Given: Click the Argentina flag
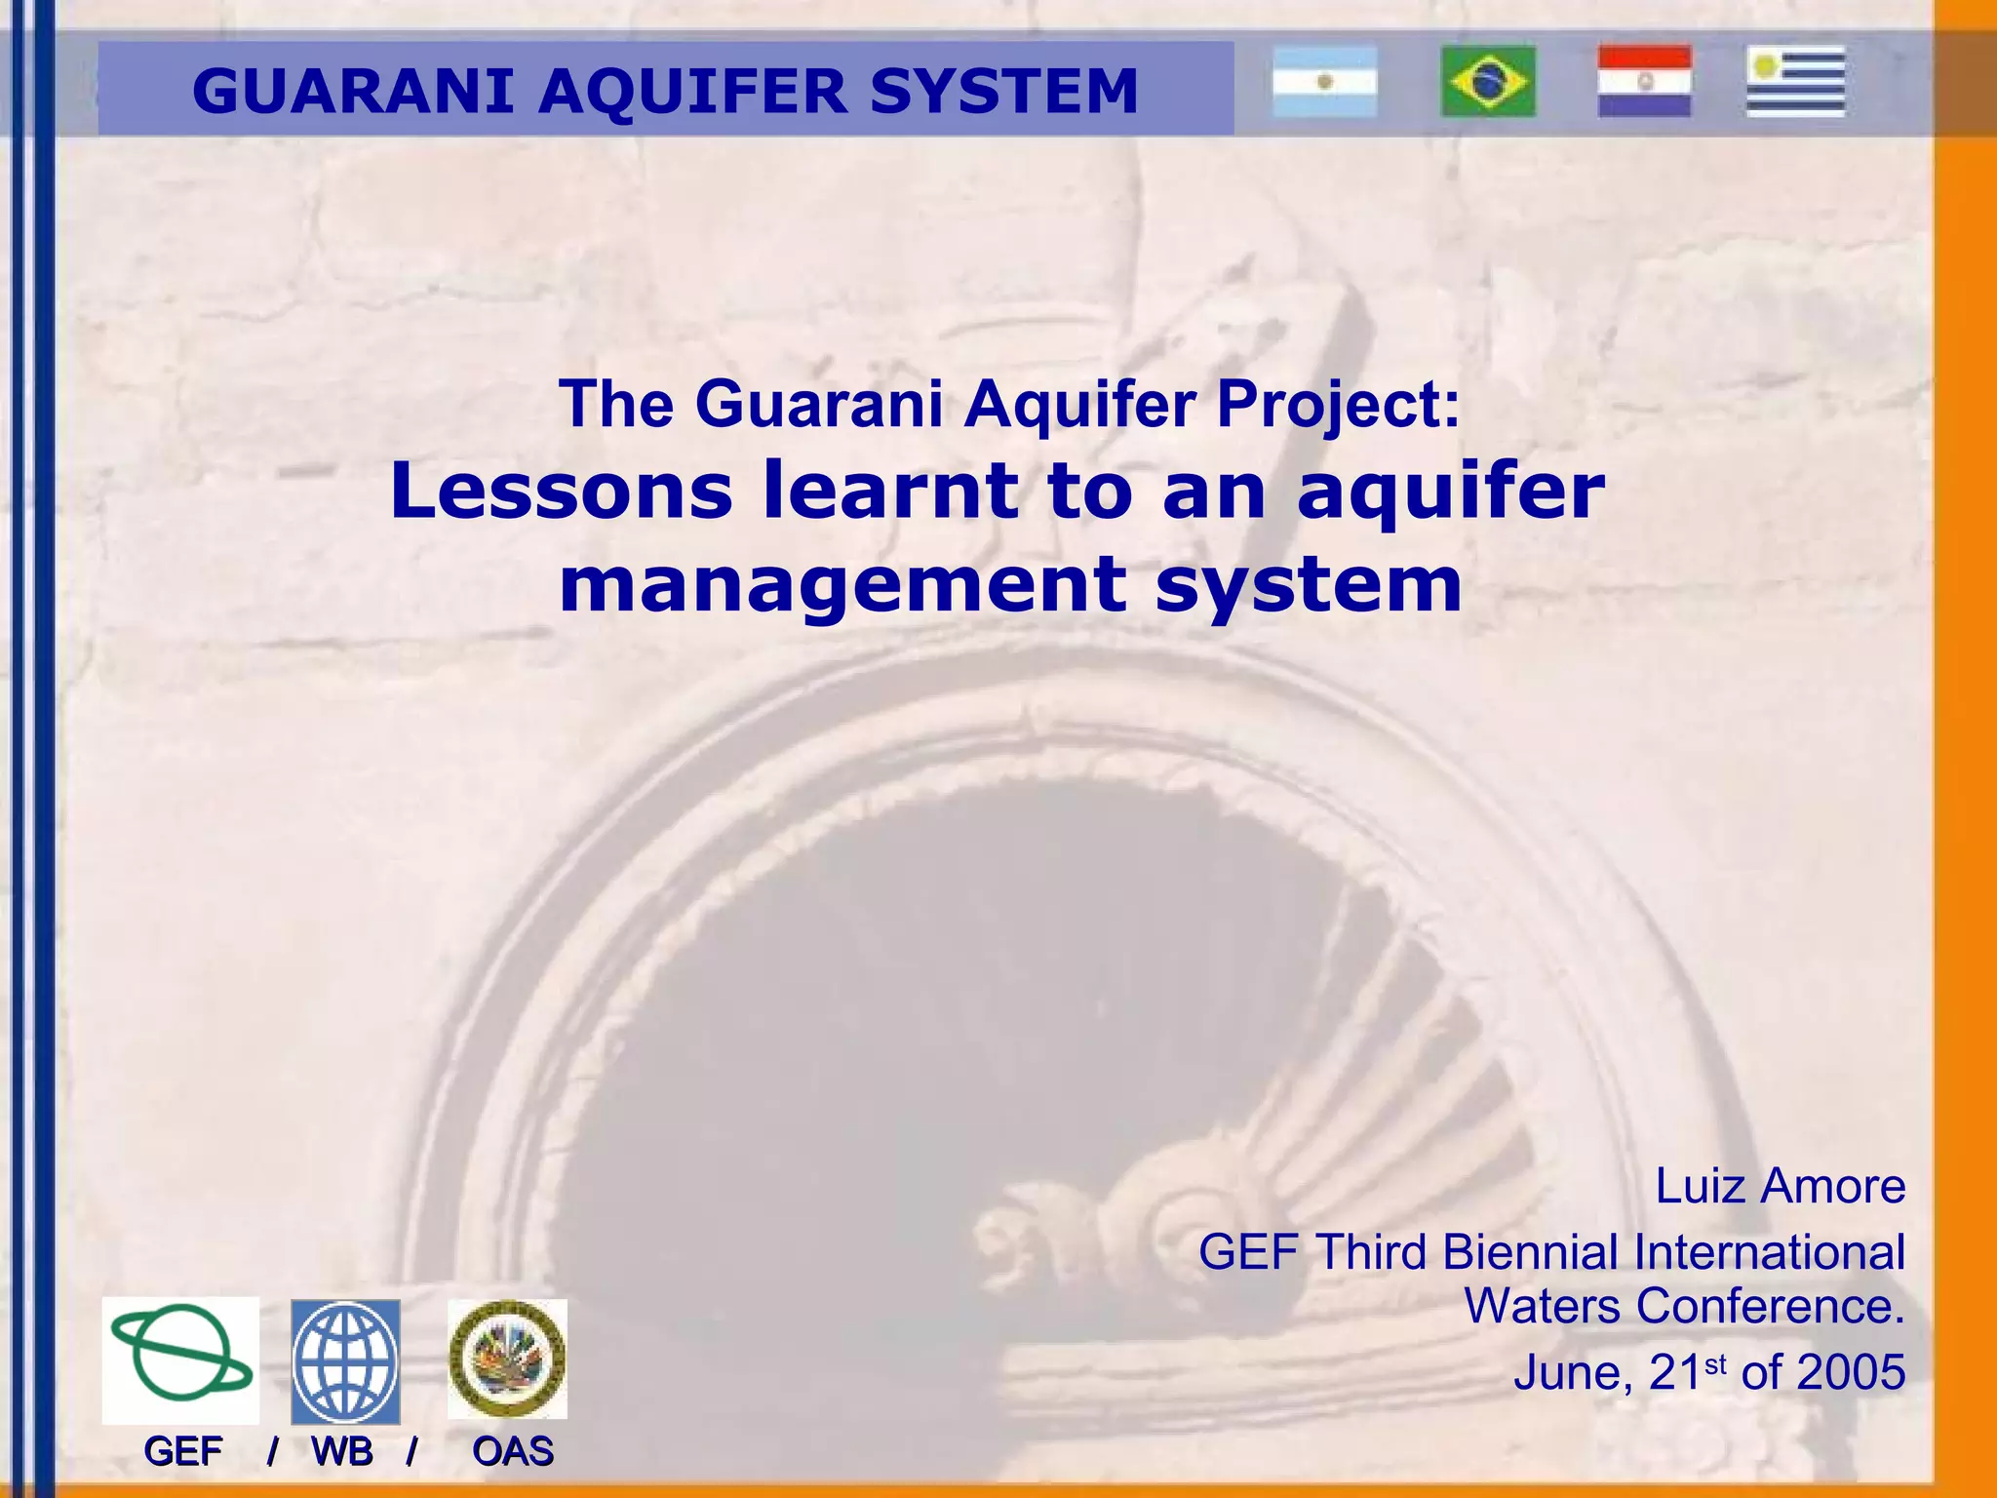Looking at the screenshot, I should pos(1324,82).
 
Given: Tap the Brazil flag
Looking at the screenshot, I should pos(1488,82).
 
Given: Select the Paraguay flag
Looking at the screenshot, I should pos(1644,82).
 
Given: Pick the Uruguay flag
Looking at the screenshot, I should pos(1795,82).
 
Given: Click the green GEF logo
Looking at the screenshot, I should pos(181,1360).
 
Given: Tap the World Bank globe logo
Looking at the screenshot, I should pos(345,1361).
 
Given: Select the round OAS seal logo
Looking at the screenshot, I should pos(507,1359).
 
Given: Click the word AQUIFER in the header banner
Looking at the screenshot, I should pos(692,91).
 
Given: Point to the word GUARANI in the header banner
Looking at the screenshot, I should pos(353,91).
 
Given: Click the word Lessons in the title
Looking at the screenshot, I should pos(561,491).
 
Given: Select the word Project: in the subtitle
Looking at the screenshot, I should pos(1338,404).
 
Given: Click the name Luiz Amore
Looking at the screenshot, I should pos(1780,1187).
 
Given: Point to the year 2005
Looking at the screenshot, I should pos(1850,1372).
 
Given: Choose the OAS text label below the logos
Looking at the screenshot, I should pos(513,1452).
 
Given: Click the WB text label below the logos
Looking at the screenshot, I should pos(342,1452).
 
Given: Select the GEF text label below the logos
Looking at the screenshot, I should pos(183,1452).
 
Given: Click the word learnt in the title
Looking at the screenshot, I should pos(890,491).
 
